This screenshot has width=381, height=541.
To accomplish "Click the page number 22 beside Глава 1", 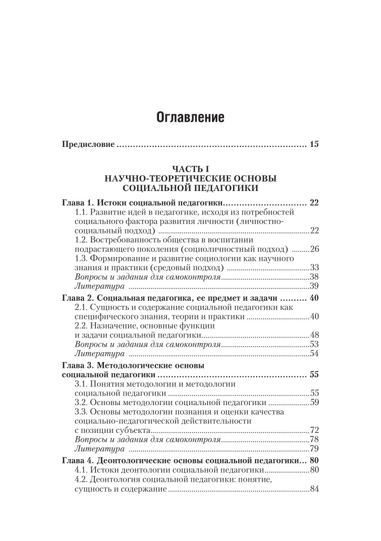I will [314, 203].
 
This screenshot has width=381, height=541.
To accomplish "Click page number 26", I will [314, 249].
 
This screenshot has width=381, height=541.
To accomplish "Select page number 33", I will [314, 268].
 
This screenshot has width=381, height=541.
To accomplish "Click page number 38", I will [314, 277].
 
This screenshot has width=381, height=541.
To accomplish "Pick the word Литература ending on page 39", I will [100, 286].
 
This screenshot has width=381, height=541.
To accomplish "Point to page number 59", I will [314, 402].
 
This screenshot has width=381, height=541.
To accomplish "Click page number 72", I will [314, 430].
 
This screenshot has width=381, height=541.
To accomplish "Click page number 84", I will [314, 490].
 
